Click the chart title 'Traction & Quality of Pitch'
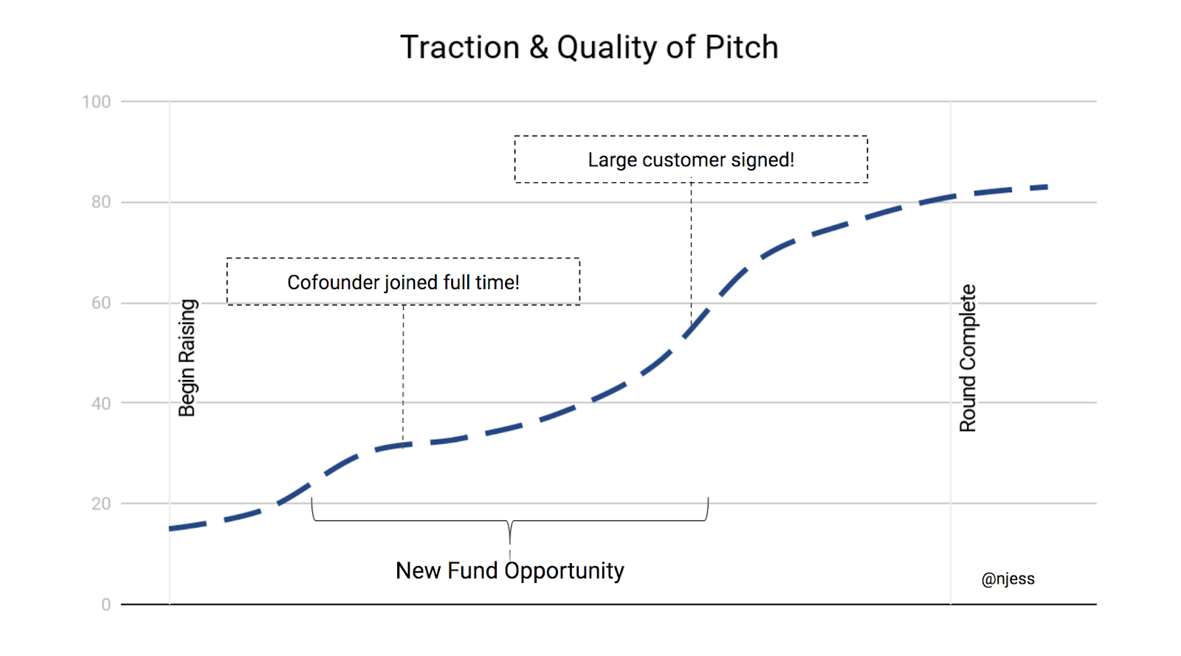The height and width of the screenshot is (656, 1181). coord(589,47)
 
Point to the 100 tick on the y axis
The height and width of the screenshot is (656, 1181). coord(97,102)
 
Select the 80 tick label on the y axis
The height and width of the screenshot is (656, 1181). coord(101,202)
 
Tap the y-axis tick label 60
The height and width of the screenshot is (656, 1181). coord(101,303)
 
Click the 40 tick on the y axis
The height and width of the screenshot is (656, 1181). coord(101,404)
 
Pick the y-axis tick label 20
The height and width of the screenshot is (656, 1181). coord(101,504)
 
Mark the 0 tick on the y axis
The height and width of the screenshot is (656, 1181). coord(106,605)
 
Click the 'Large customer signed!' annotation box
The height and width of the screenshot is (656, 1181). coord(691,159)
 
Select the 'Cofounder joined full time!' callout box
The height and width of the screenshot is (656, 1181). coord(403,282)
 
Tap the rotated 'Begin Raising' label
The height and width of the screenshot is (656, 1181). coord(187,358)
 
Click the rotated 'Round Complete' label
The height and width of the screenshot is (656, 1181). coord(968,358)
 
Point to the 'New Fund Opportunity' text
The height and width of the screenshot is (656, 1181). coord(510,570)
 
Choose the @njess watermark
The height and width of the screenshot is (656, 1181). coord(1008,579)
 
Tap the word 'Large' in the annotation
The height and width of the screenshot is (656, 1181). coord(612,160)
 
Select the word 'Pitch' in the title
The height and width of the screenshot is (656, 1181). coord(742,47)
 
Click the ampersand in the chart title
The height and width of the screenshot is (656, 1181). coord(539,48)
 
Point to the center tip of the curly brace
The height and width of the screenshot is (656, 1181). coord(510,542)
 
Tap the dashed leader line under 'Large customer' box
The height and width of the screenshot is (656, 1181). coord(691,251)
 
